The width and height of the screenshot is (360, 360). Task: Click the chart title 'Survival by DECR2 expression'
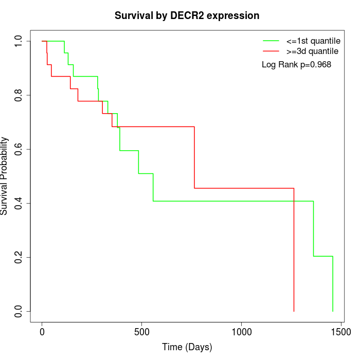pyautogui.click(x=187, y=15)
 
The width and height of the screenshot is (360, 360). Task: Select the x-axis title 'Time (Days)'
pyautogui.click(x=187, y=347)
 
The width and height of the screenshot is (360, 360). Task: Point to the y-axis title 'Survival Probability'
pyautogui.click(x=5, y=176)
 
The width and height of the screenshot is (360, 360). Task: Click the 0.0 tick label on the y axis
pyautogui.click(x=19, y=311)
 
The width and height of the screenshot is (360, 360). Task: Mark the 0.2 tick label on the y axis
pyautogui.click(x=19, y=257)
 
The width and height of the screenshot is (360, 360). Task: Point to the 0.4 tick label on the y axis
pyautogui.click(x=19, y=203)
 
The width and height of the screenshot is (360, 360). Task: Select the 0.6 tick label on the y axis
pyautogui.click(x=19, y=149)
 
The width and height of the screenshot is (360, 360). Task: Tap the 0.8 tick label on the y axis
pyautogui.click(x=19, y=95)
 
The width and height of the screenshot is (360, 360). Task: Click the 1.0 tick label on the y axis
pyautogui.click(x=19, y=41)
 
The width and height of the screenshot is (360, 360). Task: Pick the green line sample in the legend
pyautogui.click(x=271, y=40)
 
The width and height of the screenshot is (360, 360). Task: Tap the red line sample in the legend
pyautogui.click(x=271, y=51)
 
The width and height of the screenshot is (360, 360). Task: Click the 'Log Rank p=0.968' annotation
pyautogui.click(x=297, y=64)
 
